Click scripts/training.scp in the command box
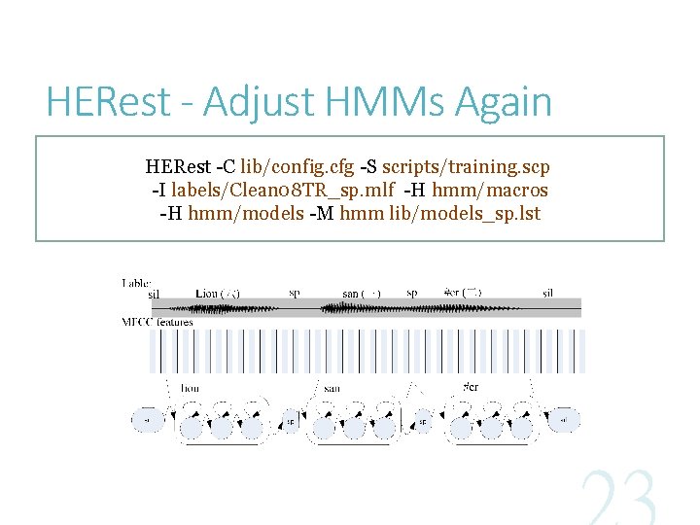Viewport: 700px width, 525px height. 466,168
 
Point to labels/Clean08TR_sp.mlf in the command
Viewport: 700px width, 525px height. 283,190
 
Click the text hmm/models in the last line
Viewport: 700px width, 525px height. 231,212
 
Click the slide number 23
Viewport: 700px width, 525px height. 619,499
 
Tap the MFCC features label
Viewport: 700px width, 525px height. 157,322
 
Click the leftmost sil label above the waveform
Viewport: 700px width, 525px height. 154,293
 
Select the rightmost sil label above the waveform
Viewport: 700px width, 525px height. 548,293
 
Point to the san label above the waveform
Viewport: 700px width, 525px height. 351,293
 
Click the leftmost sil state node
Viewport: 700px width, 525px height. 146,422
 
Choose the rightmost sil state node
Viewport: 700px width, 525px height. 564,422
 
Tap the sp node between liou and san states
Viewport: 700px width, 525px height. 290,422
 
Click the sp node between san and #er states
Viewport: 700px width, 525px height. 423,422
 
